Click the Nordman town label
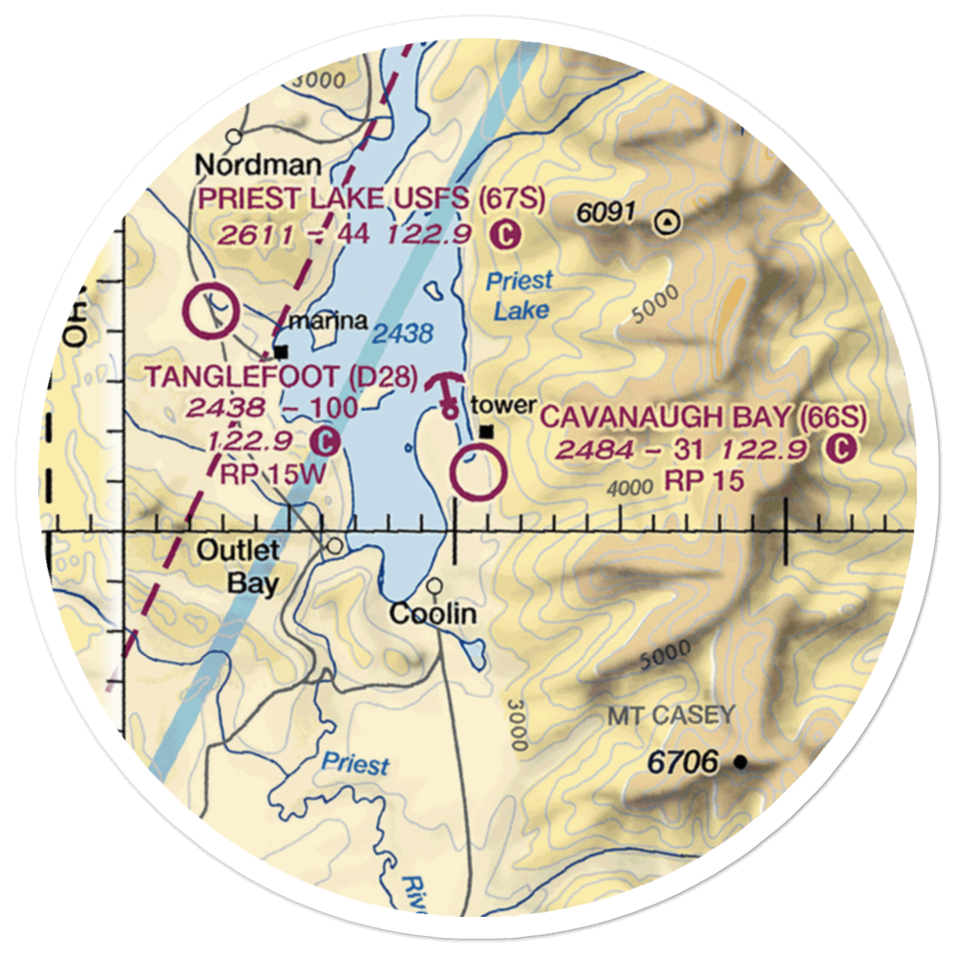(244, 166)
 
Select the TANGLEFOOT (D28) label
(282, 378)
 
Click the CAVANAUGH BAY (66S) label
(704, 417)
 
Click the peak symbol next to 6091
(668, 223)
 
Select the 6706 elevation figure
(682, 763)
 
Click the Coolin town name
(433, 613)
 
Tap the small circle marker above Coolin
(435, 585)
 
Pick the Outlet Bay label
(239, 566)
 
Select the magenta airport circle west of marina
(211, 311)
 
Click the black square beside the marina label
(281, 350)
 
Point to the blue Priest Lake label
(519, 295)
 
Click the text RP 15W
(273, 475)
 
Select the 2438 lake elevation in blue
(403, 334)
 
